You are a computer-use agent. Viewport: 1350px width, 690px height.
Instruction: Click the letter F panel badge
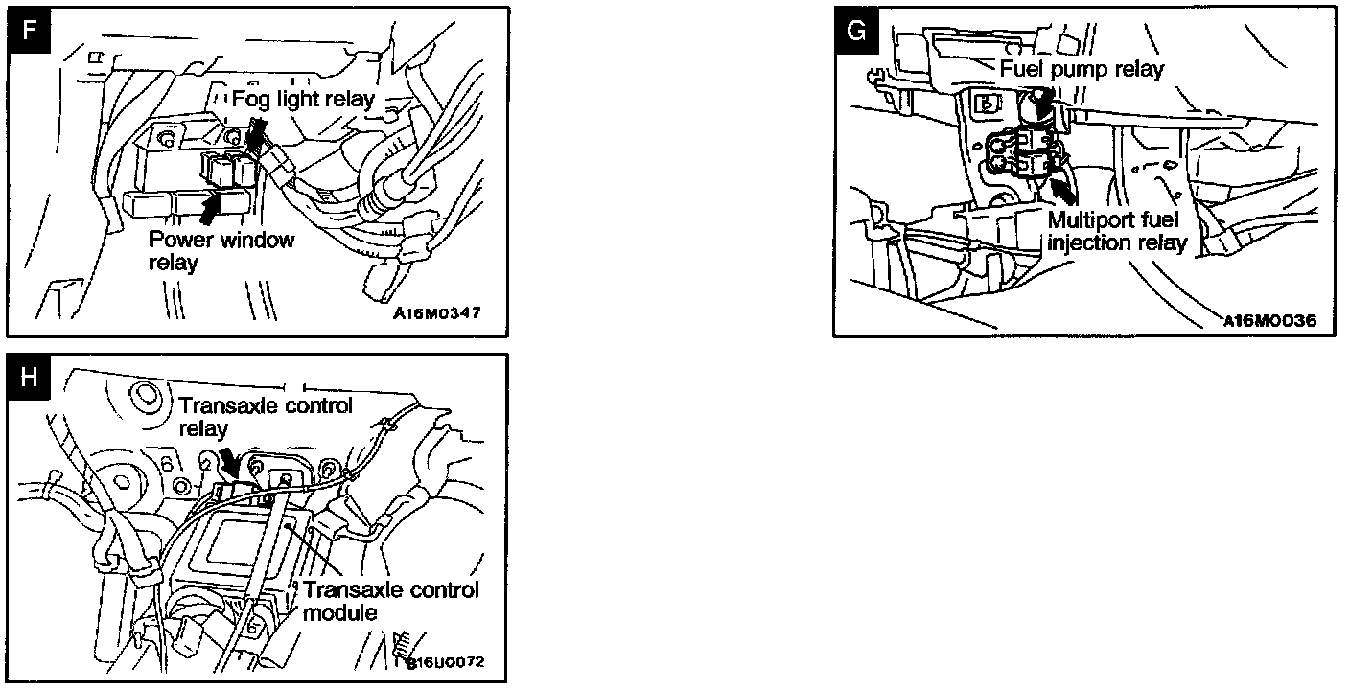point(30,29)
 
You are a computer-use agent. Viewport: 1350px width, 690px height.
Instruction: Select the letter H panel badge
point(30,377)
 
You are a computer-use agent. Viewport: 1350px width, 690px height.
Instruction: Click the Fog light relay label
point(303,98)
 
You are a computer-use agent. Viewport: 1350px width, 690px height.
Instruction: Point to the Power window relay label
point(221,250)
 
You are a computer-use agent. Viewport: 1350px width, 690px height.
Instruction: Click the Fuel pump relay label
point(1082,69)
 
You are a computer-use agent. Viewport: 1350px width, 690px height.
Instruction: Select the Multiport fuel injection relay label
point(1116,231)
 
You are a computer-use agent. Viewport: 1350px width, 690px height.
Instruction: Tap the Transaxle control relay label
point(266,415)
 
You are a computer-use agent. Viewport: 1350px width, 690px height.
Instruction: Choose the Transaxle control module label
point(391,600)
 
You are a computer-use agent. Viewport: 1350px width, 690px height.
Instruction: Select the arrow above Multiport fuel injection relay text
point(1060,187)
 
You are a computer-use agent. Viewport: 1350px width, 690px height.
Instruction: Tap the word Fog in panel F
point(249,98)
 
